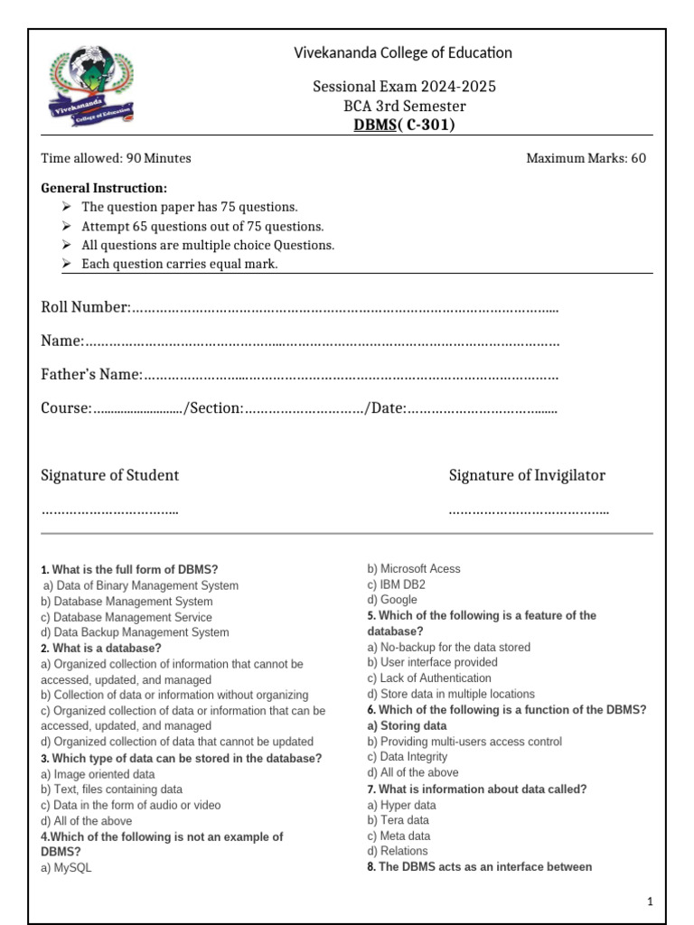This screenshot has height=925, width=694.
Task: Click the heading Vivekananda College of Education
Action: click(403, 52)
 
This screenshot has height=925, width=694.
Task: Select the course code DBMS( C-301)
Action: click(403, 125)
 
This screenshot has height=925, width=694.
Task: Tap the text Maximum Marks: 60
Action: click(586, 158)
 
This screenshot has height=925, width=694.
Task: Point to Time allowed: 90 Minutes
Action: click(116, 158)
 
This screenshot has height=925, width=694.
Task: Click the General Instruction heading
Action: click(104, 188)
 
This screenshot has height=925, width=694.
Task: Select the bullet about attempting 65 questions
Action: click(202, 226)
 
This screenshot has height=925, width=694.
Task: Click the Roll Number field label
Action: click(86, 307)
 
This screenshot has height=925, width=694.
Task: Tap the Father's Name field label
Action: click(91, 374)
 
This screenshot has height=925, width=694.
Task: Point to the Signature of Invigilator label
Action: click(527, 475)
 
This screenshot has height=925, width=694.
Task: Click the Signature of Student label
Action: click(110, 475)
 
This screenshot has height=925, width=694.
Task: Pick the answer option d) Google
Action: click(392, 600)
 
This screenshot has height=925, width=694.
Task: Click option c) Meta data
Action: click(399, 836)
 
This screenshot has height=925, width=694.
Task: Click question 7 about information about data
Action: click(477, 789)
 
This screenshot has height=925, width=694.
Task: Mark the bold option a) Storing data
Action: click(407, 725)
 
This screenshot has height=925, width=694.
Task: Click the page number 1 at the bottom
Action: click(650, 902)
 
